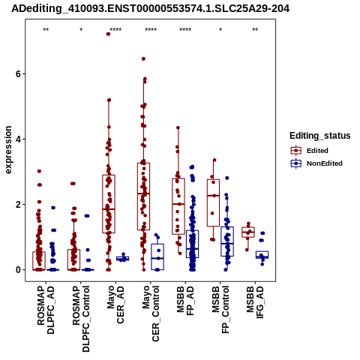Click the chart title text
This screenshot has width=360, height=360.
151,8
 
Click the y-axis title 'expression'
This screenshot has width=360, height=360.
8,150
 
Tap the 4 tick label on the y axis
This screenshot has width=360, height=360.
18,139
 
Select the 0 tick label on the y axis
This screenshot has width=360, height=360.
18,270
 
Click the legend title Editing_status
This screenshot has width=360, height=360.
320,136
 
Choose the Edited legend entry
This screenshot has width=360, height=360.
317,151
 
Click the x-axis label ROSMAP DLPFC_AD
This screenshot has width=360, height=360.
46,310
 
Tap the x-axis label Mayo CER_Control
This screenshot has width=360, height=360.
151,313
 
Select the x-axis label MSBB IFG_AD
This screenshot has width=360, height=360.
255,302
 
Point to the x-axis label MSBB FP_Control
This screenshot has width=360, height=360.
220,310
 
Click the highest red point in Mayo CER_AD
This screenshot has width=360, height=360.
109,34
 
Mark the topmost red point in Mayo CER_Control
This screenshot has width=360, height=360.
143,59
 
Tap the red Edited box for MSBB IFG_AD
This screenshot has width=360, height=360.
248,232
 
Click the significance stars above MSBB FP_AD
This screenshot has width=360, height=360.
185,30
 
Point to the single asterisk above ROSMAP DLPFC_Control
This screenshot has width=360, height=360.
81,30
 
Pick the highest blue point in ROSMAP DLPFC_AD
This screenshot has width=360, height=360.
53,208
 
